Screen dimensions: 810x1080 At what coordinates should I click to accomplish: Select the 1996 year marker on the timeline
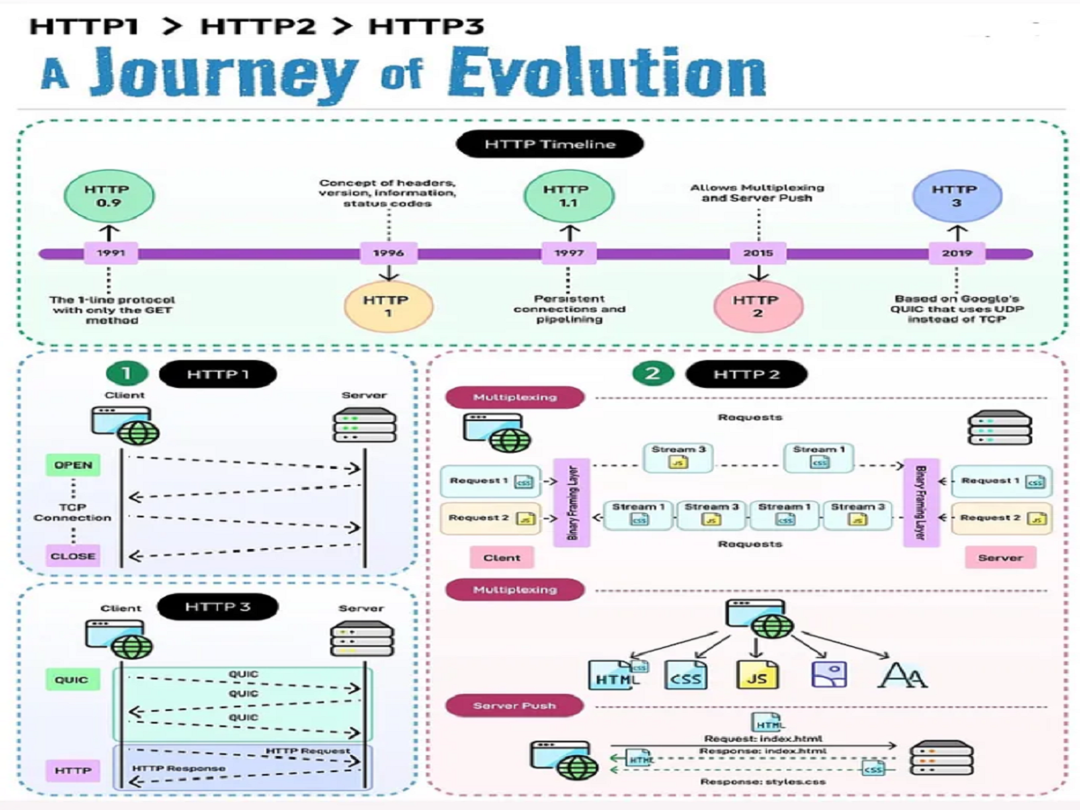point(388,254)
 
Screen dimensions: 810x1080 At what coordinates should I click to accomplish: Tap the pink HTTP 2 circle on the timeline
point(757,307)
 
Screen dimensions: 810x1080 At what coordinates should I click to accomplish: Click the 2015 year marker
point(758,254)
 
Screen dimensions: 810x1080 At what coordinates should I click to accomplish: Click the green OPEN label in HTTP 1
point(73,465)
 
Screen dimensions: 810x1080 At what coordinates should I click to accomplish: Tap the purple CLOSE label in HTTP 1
point(73,555)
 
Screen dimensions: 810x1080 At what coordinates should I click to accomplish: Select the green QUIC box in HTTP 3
point(72,679)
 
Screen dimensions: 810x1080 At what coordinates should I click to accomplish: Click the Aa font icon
point(902,674)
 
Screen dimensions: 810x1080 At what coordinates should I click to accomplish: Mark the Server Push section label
point(514,706)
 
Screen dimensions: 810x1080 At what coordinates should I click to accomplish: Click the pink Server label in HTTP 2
point(1000,558)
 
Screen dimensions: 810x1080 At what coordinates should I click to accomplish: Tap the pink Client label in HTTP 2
point(501,558)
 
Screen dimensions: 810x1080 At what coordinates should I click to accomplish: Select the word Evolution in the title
point(607,74)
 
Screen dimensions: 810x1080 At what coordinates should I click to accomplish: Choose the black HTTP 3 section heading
point(217,607)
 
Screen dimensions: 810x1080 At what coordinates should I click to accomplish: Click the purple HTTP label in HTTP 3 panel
point(72,770)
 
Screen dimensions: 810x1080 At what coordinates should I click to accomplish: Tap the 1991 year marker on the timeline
point(111,254)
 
